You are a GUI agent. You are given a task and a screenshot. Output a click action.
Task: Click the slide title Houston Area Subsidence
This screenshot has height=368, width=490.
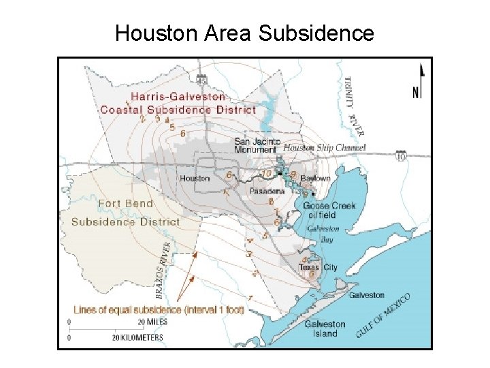tap(244, 33)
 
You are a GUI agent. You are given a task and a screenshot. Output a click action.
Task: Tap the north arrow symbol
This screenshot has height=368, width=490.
tap(421, 81)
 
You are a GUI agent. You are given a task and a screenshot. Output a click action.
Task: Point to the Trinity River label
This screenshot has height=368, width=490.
tap(355, 105)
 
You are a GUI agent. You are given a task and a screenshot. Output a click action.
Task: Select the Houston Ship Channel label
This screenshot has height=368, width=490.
tap(324, 148)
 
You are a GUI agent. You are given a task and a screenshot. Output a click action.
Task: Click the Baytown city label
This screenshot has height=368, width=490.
tap(314, 179)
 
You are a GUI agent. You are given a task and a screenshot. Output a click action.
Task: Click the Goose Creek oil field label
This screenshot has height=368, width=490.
tap(329, 210)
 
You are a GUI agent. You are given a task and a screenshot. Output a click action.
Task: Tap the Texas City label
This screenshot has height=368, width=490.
tap(318, 268)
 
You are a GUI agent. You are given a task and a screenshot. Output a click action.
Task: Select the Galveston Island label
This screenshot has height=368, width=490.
tap(325, 329)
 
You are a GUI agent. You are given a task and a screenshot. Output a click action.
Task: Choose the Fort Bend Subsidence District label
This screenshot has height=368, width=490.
tap(125, 213)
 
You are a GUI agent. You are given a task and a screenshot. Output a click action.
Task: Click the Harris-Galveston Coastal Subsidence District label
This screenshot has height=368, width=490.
tap(178, 103)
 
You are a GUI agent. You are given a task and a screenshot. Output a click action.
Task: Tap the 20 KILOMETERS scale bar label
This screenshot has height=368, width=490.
tap(137, 337)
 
